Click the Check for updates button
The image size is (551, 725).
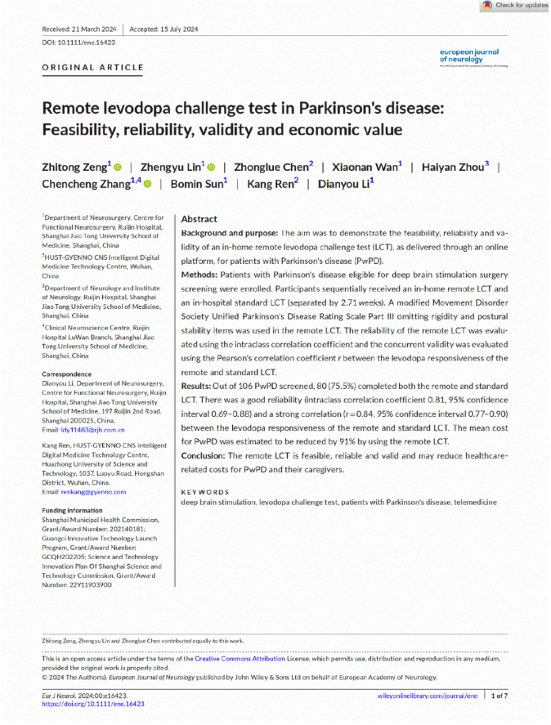click(515, 6)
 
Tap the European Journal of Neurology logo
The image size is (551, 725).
click(468, 56)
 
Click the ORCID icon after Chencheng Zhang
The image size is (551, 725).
click(148, 184)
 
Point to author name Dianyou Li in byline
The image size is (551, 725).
click(347, 183)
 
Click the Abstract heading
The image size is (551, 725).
click(199, 219)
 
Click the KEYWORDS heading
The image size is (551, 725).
click(205, 491)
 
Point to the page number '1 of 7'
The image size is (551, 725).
click(499, 695)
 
